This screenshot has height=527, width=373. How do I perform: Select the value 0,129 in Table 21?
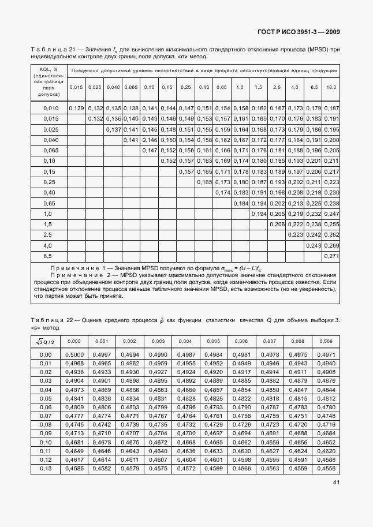76,109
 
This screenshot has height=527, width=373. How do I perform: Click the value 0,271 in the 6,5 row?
331,256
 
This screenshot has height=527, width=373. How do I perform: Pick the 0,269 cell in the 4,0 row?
331,245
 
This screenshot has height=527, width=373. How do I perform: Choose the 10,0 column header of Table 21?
331,87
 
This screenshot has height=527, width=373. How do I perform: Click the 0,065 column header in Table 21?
131,87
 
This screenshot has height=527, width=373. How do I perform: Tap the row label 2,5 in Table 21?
49,235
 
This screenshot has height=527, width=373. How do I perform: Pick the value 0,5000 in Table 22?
78,354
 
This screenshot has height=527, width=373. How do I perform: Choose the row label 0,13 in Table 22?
46,469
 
